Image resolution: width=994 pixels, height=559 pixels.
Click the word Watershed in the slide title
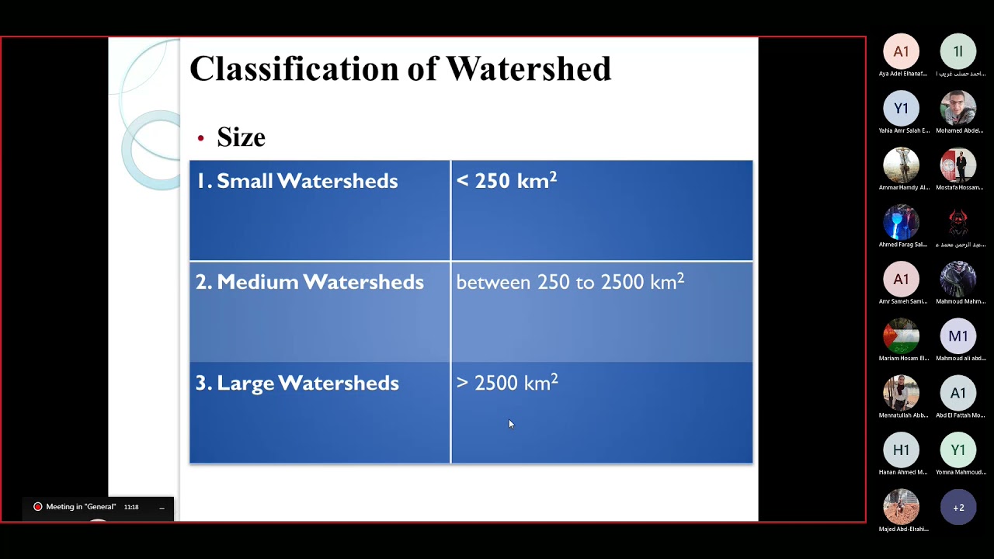pos(528,68)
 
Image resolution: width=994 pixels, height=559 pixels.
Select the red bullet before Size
pos(200,138)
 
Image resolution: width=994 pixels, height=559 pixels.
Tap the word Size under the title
pos(241,137)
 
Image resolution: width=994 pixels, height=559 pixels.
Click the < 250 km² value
pos(506,181)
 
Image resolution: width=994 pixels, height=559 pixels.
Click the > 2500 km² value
pos(507,383)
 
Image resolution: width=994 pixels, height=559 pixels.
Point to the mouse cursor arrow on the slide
pos(511,424)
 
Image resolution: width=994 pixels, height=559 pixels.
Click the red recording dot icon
pos(37,507)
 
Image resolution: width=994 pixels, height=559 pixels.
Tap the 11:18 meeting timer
pos(131,507)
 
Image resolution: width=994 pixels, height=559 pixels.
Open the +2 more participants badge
pos(958,508)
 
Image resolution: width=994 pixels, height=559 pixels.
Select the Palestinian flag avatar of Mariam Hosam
pos(901,336)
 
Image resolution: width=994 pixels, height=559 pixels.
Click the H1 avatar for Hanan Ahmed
pos(901,450)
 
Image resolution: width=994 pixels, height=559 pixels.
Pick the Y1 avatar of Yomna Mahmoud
pos(958,450)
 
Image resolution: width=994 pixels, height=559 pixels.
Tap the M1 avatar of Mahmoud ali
pos(958,336)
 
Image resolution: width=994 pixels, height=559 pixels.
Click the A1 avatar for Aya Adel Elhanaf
pos(901,52)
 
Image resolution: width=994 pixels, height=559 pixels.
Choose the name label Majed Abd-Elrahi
pos(903,529)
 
